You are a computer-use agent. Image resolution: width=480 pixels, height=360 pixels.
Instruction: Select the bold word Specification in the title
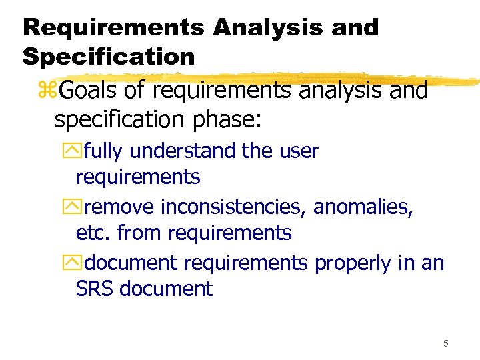(x=109, y=57)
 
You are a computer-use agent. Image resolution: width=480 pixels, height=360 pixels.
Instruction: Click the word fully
(x=104, y=151)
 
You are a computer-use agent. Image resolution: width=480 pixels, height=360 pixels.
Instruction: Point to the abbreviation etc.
(x=94, y=233)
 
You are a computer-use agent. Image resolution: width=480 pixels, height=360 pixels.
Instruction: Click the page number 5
(x=445, y=343)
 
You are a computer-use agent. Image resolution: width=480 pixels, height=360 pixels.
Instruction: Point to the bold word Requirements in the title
(x=114, y=27)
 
